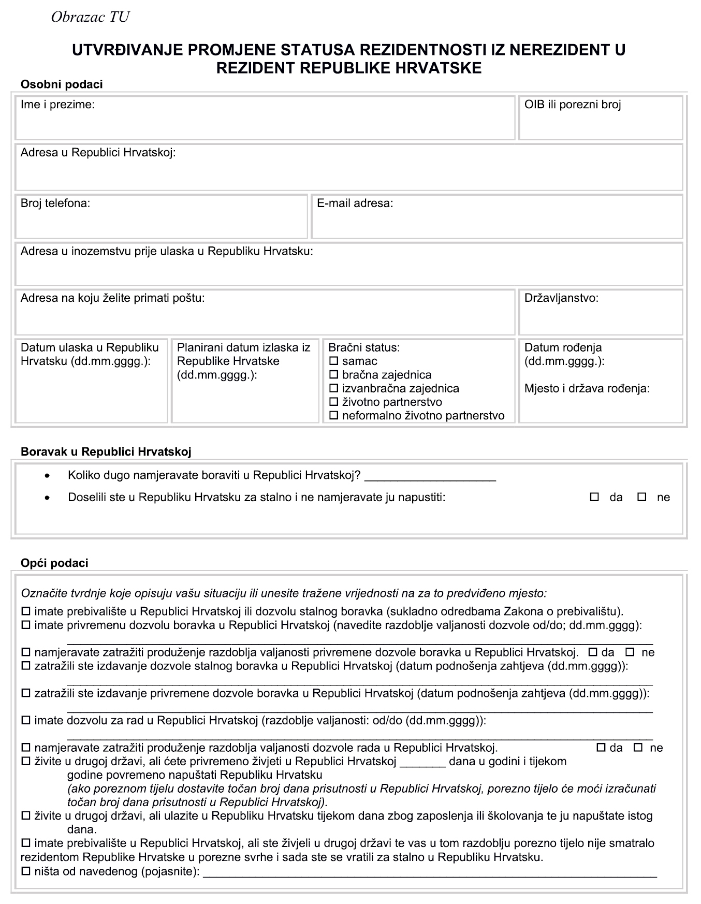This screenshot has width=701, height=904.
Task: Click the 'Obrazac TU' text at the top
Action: [x=90, y=18]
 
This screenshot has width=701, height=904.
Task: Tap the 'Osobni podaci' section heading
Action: [x=62, y=84]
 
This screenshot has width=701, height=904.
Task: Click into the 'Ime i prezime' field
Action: [x=265, y=122]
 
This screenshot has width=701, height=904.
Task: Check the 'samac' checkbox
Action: [x=334, y=361]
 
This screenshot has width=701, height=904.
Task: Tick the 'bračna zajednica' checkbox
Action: [x=334, y=375]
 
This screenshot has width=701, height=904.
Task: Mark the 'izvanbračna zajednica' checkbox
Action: [x=334, y=388]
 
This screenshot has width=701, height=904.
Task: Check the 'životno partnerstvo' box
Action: [x=334, y=402]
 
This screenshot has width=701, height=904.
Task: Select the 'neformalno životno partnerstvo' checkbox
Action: [x=334, y=415]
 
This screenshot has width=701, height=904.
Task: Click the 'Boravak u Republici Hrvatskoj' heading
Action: [x=106, y=452]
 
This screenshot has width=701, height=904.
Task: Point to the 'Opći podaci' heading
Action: [x=54, y=563]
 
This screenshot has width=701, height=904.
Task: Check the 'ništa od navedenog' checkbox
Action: [x=26, y=872]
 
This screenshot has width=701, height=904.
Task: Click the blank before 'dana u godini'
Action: [x=422, y=762]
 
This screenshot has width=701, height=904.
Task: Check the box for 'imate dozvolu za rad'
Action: [x=26, y=721]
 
